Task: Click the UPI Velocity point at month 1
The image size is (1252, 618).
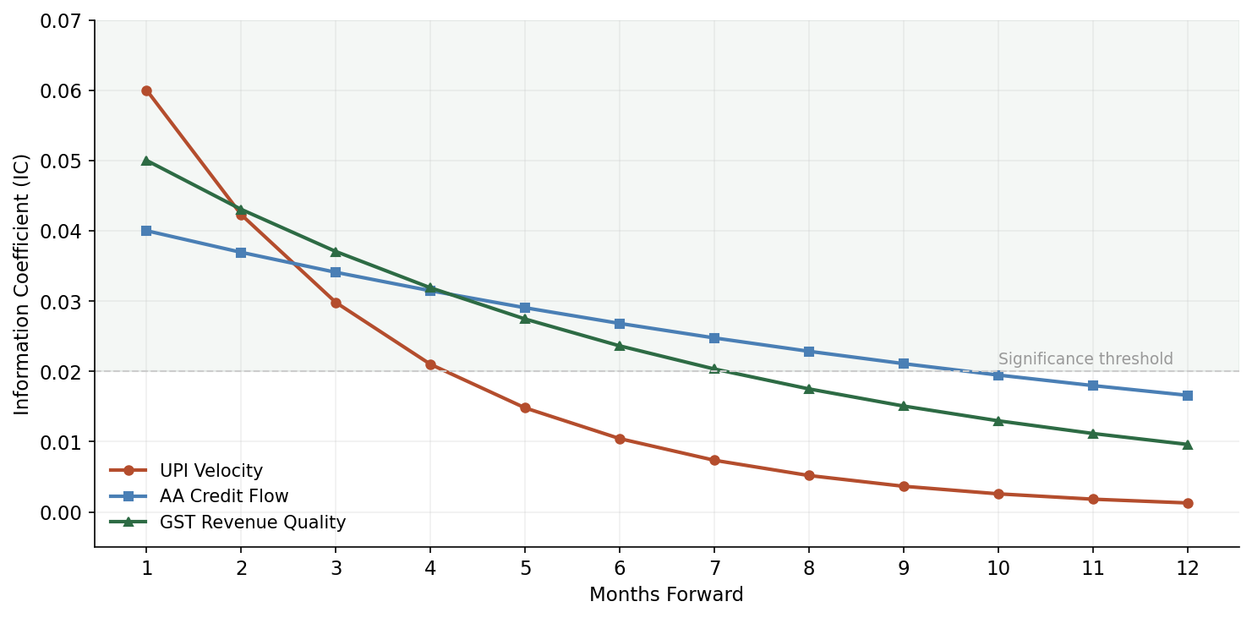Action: pyautogui.click(x=146, y=90)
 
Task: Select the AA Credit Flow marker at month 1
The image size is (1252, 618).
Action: pyautogui.click(x=146, y=231)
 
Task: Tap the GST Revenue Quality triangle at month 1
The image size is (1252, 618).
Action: pyautogui.click(x=146, y=161)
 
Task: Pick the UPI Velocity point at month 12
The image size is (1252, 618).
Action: pyautogui.click(x=1188, y=503)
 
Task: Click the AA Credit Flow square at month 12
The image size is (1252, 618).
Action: pyautogui.click(x=1188, y=396)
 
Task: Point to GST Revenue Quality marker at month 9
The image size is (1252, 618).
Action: pyautogui.click(x=904, y=406)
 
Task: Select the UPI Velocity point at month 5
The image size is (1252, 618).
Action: pyautogui.click(x=525, y=408)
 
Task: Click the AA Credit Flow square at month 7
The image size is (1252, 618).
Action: pyautogui.click(x=714, y=338)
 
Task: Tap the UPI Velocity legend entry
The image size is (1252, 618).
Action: pyautogui.click(x=210, y=471)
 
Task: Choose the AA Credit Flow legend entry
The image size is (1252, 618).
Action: pyautogui.click(x=223, y=497)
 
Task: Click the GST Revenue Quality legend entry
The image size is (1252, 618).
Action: pyautogui.click(x=252, y=522)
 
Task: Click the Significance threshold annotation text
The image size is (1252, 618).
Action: pyautogui.click(x=1085, y=359)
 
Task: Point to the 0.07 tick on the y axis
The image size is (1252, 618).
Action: pyautogui.click(x=67, y=20)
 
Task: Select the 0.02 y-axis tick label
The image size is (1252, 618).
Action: pyautogui.click(x=67, y=372)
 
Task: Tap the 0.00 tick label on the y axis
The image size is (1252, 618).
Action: pyautogui.click(x=67, y=512)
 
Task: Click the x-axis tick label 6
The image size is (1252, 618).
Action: pyautogui.click(x=620, y=569)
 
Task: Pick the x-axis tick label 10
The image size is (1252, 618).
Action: pyautogui.click(x=998, y=569)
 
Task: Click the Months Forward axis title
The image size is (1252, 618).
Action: pyautogui.click(x=666, y=595)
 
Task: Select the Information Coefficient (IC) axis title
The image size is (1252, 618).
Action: pyautogui.click(x=22, y=284)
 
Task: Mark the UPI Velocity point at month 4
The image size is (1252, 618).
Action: pyautogui.click(x=430, y=365)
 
